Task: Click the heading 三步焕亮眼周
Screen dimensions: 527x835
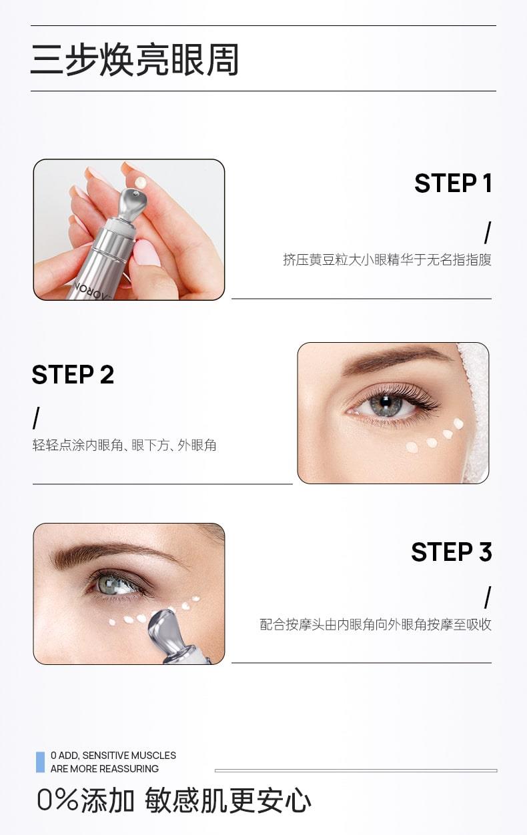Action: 135,59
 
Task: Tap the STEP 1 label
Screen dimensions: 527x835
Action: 453,183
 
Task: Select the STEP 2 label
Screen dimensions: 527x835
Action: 73,374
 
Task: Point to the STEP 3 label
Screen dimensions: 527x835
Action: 452,552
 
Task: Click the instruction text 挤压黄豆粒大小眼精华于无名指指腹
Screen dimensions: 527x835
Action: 387,259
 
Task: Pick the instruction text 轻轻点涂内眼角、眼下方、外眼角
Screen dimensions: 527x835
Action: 124,445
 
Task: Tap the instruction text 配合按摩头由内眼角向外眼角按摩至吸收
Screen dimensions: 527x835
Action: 376,624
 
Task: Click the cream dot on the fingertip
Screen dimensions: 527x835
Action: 141,183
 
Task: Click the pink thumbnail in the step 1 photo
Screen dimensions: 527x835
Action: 147,253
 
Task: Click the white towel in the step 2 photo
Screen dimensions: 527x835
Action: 474,410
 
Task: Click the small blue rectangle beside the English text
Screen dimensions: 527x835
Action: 40,762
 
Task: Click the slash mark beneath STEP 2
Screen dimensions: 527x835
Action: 36,418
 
